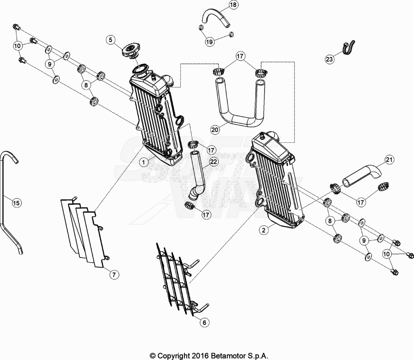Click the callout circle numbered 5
[111, 40]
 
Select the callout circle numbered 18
[233, 5]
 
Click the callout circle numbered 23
[330, 59]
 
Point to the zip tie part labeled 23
[349, 48]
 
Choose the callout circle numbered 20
[215, 130]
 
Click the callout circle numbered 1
[144, 162]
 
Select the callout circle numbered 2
[264, 230]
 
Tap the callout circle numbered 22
[213, 161]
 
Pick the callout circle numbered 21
[389, 160]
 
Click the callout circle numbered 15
[16, 203]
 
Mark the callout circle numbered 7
[114, 275]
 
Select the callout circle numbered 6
[204, 322]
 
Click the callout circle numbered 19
[209, 42]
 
